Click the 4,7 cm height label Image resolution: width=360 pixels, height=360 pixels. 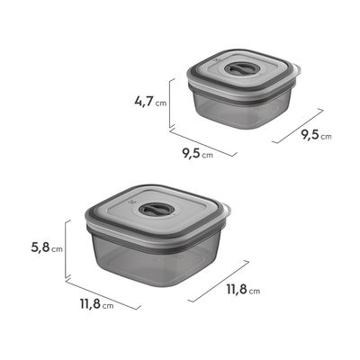click(x=150, y=101)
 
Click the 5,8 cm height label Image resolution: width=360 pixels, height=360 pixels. click(x=47, y=248)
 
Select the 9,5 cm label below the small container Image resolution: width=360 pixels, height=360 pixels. click(x=198, y=154)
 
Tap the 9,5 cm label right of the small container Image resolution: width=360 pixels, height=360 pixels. click(x=317, y=135)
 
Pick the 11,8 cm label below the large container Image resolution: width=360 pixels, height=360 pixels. click(x=96, y=304)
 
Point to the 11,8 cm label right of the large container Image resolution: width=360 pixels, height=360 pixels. click(x=243, y=290)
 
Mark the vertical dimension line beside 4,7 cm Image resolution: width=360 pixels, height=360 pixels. click(x=170, y=103)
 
